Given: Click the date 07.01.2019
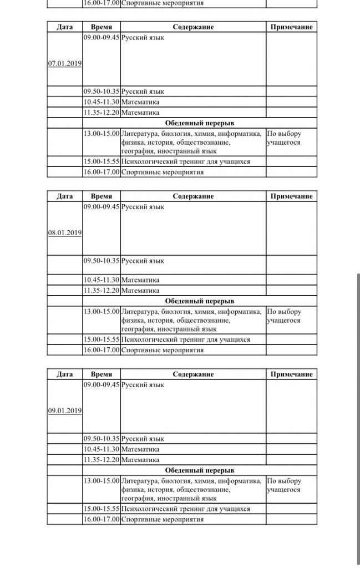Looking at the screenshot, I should click(65, 64).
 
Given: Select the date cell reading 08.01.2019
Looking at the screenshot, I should click(65, 233).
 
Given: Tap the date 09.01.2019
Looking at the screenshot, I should click(65, 411).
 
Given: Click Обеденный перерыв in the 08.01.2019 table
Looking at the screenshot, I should click(200, 301).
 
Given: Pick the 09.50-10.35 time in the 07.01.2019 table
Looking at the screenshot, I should click(102, 92).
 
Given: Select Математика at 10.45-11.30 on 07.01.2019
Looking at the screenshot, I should click(140, 102).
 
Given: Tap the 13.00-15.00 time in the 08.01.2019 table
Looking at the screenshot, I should click(102, 312).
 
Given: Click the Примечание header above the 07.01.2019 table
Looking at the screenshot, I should click(291, 27).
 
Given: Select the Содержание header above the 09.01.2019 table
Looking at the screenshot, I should click(192, 374).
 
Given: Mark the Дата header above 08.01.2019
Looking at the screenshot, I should click(65, 196).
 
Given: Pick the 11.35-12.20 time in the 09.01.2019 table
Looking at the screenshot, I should click(102, 460).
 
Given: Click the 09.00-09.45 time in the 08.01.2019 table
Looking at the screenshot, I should click(102, 207).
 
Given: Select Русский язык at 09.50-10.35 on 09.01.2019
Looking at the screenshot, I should click(143, 439).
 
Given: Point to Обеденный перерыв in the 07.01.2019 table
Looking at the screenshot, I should click(200, 123).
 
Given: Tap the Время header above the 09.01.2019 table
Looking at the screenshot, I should click(102, 374).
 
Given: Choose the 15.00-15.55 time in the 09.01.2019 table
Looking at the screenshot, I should click(102, 509).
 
